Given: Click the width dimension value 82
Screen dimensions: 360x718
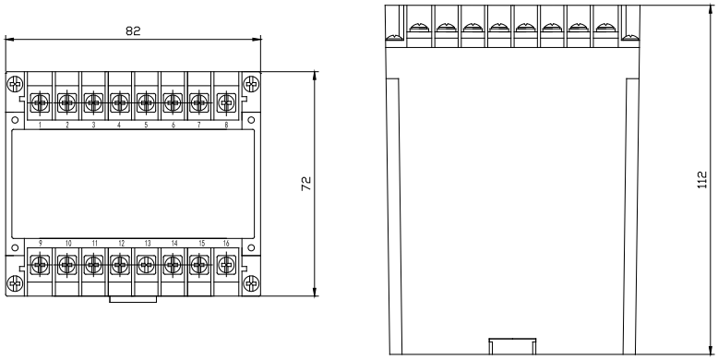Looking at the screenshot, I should pos(133,30).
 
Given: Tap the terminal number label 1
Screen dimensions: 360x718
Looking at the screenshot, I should pos(41,125).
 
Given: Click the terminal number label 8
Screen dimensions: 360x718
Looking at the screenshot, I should pos(226,125).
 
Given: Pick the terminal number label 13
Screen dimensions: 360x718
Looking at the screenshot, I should pos(146,244).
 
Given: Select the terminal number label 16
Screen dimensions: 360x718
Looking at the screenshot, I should pos(225,244).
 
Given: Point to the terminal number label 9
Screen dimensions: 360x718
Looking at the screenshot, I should pos(41,244).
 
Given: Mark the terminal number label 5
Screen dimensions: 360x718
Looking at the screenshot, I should pos(146,125).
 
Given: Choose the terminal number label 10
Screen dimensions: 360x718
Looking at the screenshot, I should pos(67,244).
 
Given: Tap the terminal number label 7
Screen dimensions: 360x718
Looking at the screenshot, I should pos(199,125).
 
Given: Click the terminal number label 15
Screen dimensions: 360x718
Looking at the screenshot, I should pos(198,244).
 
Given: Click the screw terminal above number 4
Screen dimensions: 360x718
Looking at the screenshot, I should pos(120,100).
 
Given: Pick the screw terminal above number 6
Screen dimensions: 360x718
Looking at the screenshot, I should pos(173,100).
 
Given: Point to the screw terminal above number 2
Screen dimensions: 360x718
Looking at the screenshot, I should pos(66,100).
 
